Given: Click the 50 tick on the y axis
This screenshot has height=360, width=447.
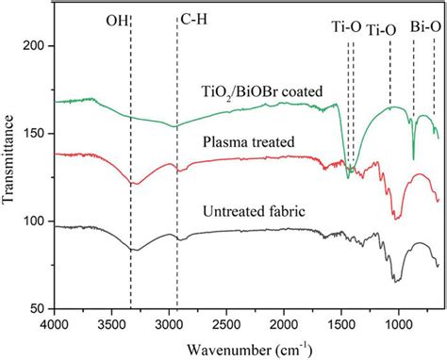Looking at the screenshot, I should (39, 308).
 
